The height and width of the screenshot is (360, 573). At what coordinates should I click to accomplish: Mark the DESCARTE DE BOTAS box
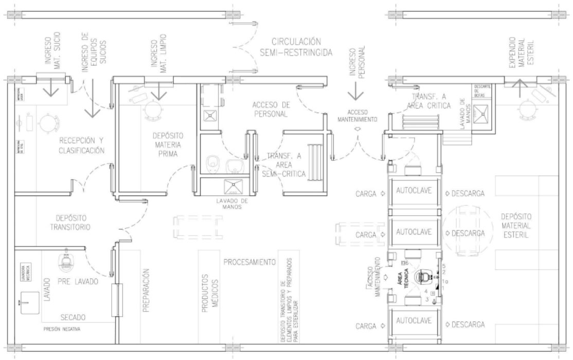(485, 91)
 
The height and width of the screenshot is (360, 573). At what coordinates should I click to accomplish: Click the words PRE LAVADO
(77, 281)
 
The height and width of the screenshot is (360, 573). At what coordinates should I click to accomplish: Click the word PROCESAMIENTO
(248, 262)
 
